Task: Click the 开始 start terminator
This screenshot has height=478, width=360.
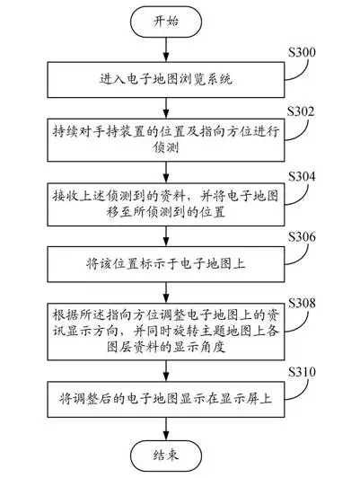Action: point(166,22)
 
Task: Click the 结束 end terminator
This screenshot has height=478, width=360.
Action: point(166,456)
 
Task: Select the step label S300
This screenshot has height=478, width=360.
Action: point(302,52)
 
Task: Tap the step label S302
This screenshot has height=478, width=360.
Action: point(301,111)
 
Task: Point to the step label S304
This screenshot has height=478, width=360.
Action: point(302,176)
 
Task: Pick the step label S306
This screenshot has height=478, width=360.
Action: point(302,237)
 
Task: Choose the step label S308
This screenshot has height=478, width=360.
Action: point(302,303)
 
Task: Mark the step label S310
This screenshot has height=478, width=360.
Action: point(302,372)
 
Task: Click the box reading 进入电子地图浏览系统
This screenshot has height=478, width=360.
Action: point(166,80)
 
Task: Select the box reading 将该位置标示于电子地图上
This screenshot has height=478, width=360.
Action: point(166,264)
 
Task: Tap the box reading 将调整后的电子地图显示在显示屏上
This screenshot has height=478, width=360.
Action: point(166,399)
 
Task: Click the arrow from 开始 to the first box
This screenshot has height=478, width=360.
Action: point(166,49)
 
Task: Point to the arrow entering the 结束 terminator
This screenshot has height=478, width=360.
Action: point(166,429)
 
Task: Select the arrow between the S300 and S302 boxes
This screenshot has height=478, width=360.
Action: point(166,108)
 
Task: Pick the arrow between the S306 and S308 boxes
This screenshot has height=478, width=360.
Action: point(166,292)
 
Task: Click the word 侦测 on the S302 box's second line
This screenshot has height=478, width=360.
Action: point(166,148)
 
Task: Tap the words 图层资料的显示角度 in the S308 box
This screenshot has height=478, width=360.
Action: point(166,347)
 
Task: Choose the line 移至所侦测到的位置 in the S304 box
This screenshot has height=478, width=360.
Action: point(166,212)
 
